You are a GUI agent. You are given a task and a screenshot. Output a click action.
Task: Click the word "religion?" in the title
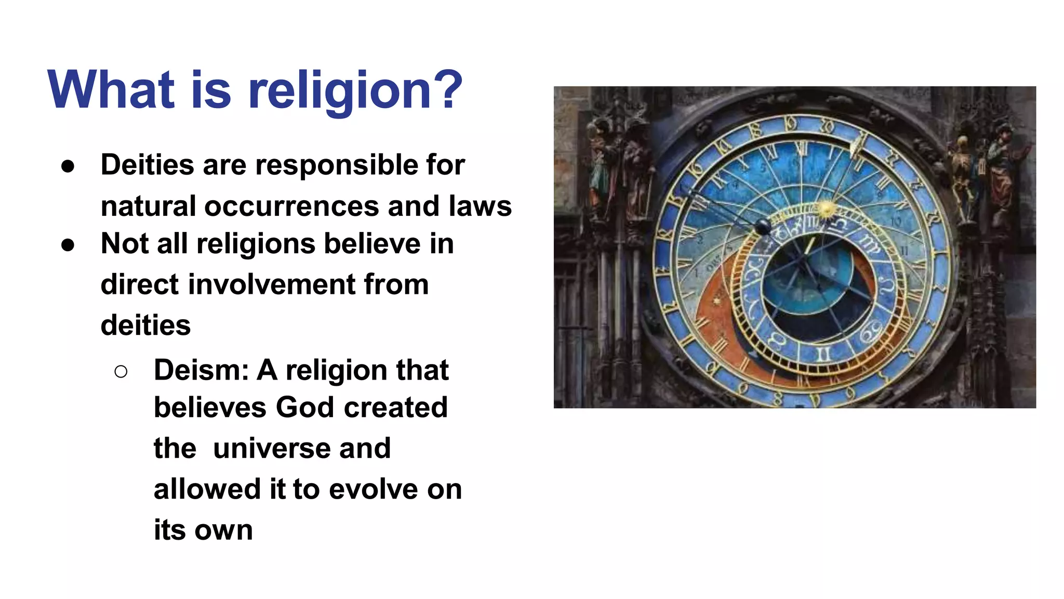tap(355, 91)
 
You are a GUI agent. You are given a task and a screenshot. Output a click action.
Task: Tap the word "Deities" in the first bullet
tap(148, 165)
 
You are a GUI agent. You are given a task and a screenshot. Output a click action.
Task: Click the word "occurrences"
tap(291, 206)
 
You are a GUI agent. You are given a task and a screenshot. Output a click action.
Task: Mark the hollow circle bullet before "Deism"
tap(121, 371)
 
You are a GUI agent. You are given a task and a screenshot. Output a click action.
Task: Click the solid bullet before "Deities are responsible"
tap(68, 166)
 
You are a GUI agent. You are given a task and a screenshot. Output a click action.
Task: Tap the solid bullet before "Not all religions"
tap(68, 245)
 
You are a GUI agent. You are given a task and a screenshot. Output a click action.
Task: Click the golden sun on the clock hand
tap(826, 210)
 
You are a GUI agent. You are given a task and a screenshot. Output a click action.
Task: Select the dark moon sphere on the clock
tap(763, 226)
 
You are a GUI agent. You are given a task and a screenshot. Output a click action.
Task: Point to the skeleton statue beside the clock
tap(964, 177)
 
